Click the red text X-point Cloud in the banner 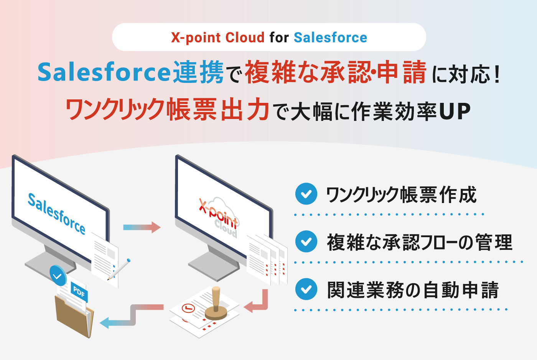217,38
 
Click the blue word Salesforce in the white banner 330,38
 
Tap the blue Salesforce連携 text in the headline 130,72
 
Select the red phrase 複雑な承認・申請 335,72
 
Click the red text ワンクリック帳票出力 168,110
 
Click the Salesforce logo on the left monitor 56,213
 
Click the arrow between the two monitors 142,227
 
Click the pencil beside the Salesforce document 120,269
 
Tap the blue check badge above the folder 58,276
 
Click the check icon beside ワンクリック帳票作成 306,194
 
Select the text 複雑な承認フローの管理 419,242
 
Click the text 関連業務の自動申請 413,290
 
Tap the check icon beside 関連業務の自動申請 306,289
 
